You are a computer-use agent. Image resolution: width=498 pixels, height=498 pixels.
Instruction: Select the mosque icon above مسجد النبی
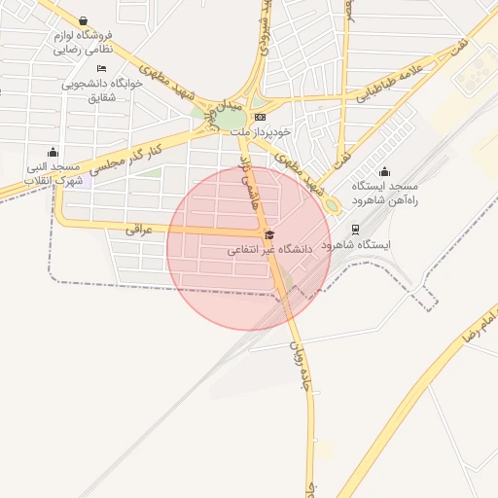coord(53,152)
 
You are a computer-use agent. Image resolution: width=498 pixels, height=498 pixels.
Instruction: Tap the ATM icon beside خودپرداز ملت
coord(258,117)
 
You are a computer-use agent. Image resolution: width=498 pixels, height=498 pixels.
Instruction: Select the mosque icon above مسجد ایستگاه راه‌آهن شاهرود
coord(382,171)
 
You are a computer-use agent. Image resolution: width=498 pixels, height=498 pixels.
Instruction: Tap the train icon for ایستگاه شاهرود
coord(356,231)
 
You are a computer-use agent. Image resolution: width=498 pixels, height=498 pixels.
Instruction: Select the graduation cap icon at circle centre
coord(269,234)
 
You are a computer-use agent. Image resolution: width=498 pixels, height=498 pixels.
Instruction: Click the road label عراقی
coord(140,230)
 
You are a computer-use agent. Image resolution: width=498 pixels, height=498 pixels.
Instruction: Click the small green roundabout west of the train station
coord(332,205)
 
